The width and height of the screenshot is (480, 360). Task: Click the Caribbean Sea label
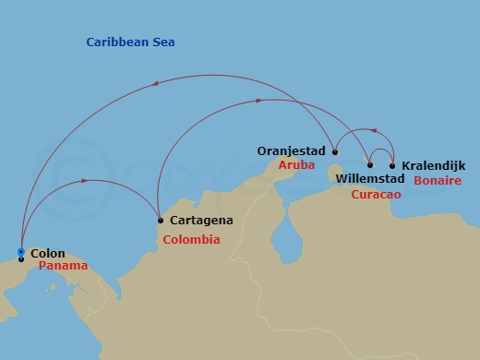(x=130, y=42)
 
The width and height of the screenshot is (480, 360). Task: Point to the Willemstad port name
(x=370, y=177)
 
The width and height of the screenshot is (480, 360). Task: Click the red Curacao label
(x=377, y=194)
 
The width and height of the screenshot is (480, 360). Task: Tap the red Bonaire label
(x=438, y=180)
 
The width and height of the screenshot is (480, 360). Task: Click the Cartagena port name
(x=200, y=222)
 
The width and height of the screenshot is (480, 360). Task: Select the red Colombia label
(x=191, y=240)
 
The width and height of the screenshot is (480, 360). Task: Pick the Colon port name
(x=47, y=252)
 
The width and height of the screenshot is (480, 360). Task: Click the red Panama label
(x=64, y=266)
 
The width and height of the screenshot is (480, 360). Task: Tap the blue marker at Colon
(x=21, y=252)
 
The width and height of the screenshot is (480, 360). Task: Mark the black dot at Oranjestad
(x=335, y=152)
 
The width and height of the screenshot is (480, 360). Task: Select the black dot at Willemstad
(x=370, y=165)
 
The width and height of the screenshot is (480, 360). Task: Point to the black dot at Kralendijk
(x=392, y=166)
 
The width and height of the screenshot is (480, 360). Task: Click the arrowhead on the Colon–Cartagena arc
(x=85, y=180)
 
